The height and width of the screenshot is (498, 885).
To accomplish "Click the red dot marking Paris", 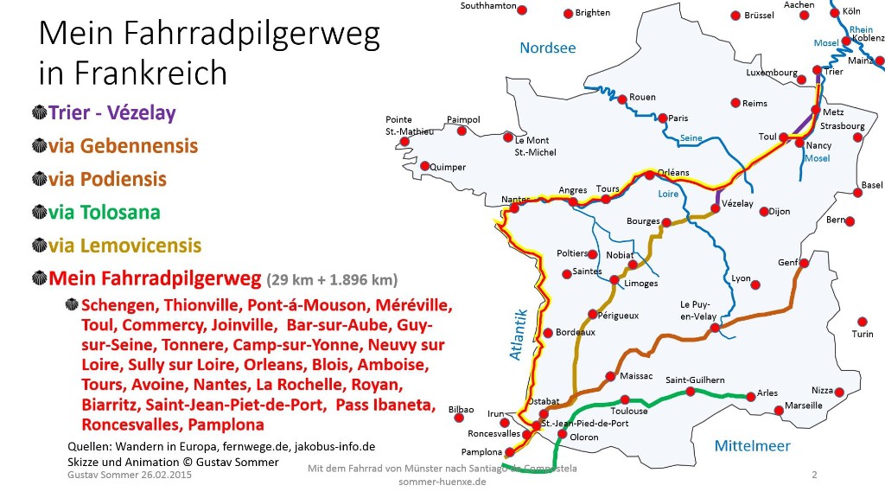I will (662, 118).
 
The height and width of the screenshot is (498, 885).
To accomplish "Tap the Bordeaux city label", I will (575, 332).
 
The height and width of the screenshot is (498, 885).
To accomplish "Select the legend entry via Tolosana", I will (105, 213).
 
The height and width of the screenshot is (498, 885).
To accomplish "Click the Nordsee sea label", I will (547, 48).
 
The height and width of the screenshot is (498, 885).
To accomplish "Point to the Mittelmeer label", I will (752, 446).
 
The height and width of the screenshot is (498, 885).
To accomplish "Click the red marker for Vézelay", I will (716, 207).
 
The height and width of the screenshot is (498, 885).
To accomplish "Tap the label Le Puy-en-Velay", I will (699, 310).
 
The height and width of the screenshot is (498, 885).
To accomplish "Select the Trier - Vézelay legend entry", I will (112, 112).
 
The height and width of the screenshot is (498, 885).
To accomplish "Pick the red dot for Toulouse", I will (625, 399).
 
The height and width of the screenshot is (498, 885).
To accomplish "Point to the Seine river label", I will (691, 138).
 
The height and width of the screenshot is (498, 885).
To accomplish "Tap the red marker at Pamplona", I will (511, 450).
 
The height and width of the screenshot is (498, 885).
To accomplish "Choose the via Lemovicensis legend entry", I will (125, 246).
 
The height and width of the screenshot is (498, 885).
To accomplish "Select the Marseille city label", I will (803, 405).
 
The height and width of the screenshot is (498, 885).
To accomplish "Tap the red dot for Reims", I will (735, 103).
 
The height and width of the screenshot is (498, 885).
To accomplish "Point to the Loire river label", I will (668, 195).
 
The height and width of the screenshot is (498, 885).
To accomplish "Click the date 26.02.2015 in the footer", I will (162, 476).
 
